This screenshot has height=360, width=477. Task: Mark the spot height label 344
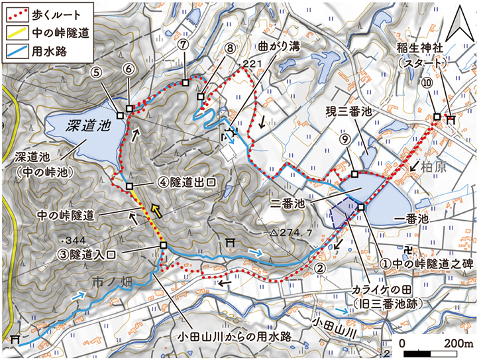(74, 239)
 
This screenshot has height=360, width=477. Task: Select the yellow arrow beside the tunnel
(156, 211)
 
